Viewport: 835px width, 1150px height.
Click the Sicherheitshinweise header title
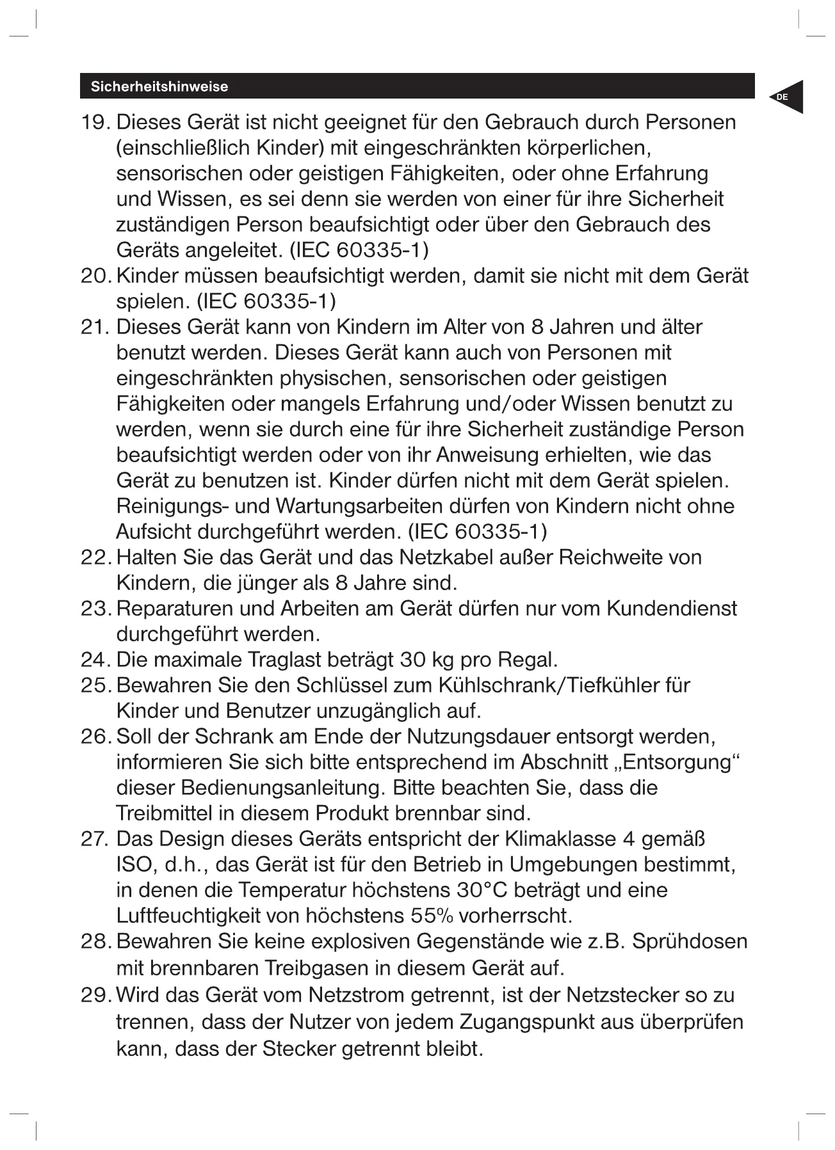pyautogui.click(x=159, y=87)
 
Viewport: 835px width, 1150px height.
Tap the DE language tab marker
pyautogui.click(x=782, y=97)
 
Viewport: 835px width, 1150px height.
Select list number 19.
pyautogui.click(x=94, y=122)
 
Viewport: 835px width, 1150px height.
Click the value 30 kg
pyautogui.click(x=423, y=660)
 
